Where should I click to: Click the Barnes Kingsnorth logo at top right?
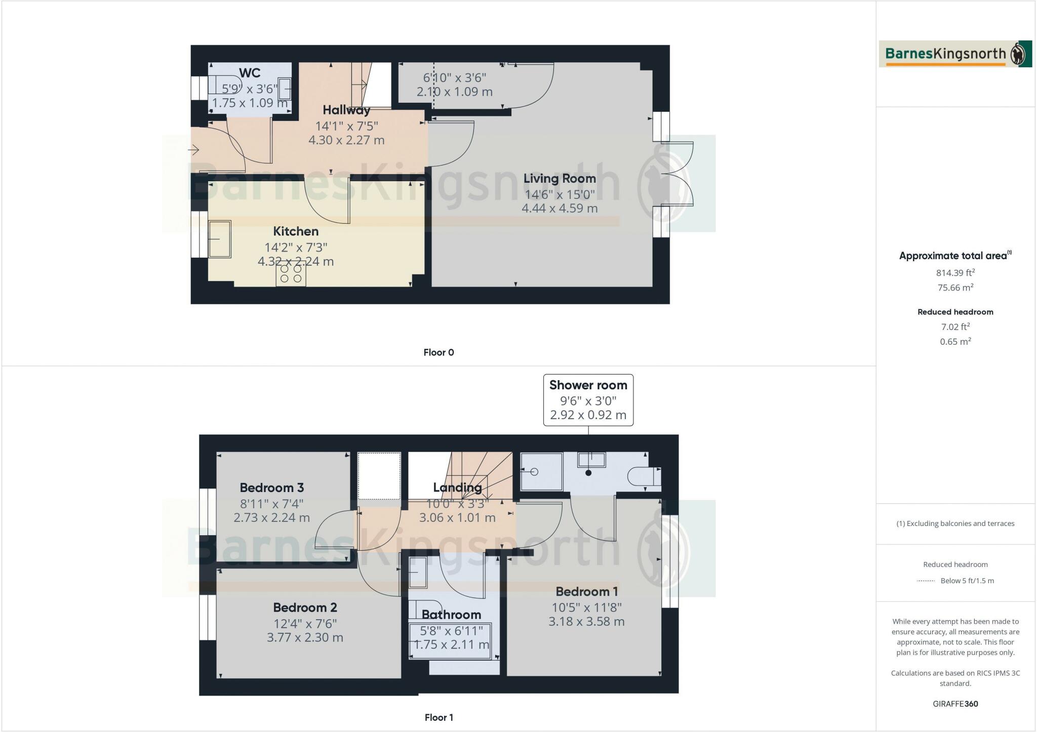coord(955,54)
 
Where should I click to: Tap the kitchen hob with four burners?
coord(291,274)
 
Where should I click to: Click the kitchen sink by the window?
coord(220,239)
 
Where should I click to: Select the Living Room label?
coord(560,179)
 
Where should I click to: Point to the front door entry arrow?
coord(194,150)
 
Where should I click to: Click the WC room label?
coord(250,73)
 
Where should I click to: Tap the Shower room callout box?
coord(588,400)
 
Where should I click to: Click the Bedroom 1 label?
coord(586,591)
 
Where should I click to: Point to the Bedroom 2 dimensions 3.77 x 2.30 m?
coord(305,637)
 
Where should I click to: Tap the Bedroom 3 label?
coord(271,487)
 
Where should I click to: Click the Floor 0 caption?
coord(438,352)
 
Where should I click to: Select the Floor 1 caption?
coord(438,717)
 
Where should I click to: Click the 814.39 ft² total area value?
coord(955,273)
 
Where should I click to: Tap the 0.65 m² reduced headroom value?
coord(955,342)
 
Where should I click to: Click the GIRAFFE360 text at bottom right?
coord(955,704)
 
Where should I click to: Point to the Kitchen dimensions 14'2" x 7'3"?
coord(296,248)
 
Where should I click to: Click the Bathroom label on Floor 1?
coord(451,615)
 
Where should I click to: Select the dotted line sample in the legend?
coord(926,581)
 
